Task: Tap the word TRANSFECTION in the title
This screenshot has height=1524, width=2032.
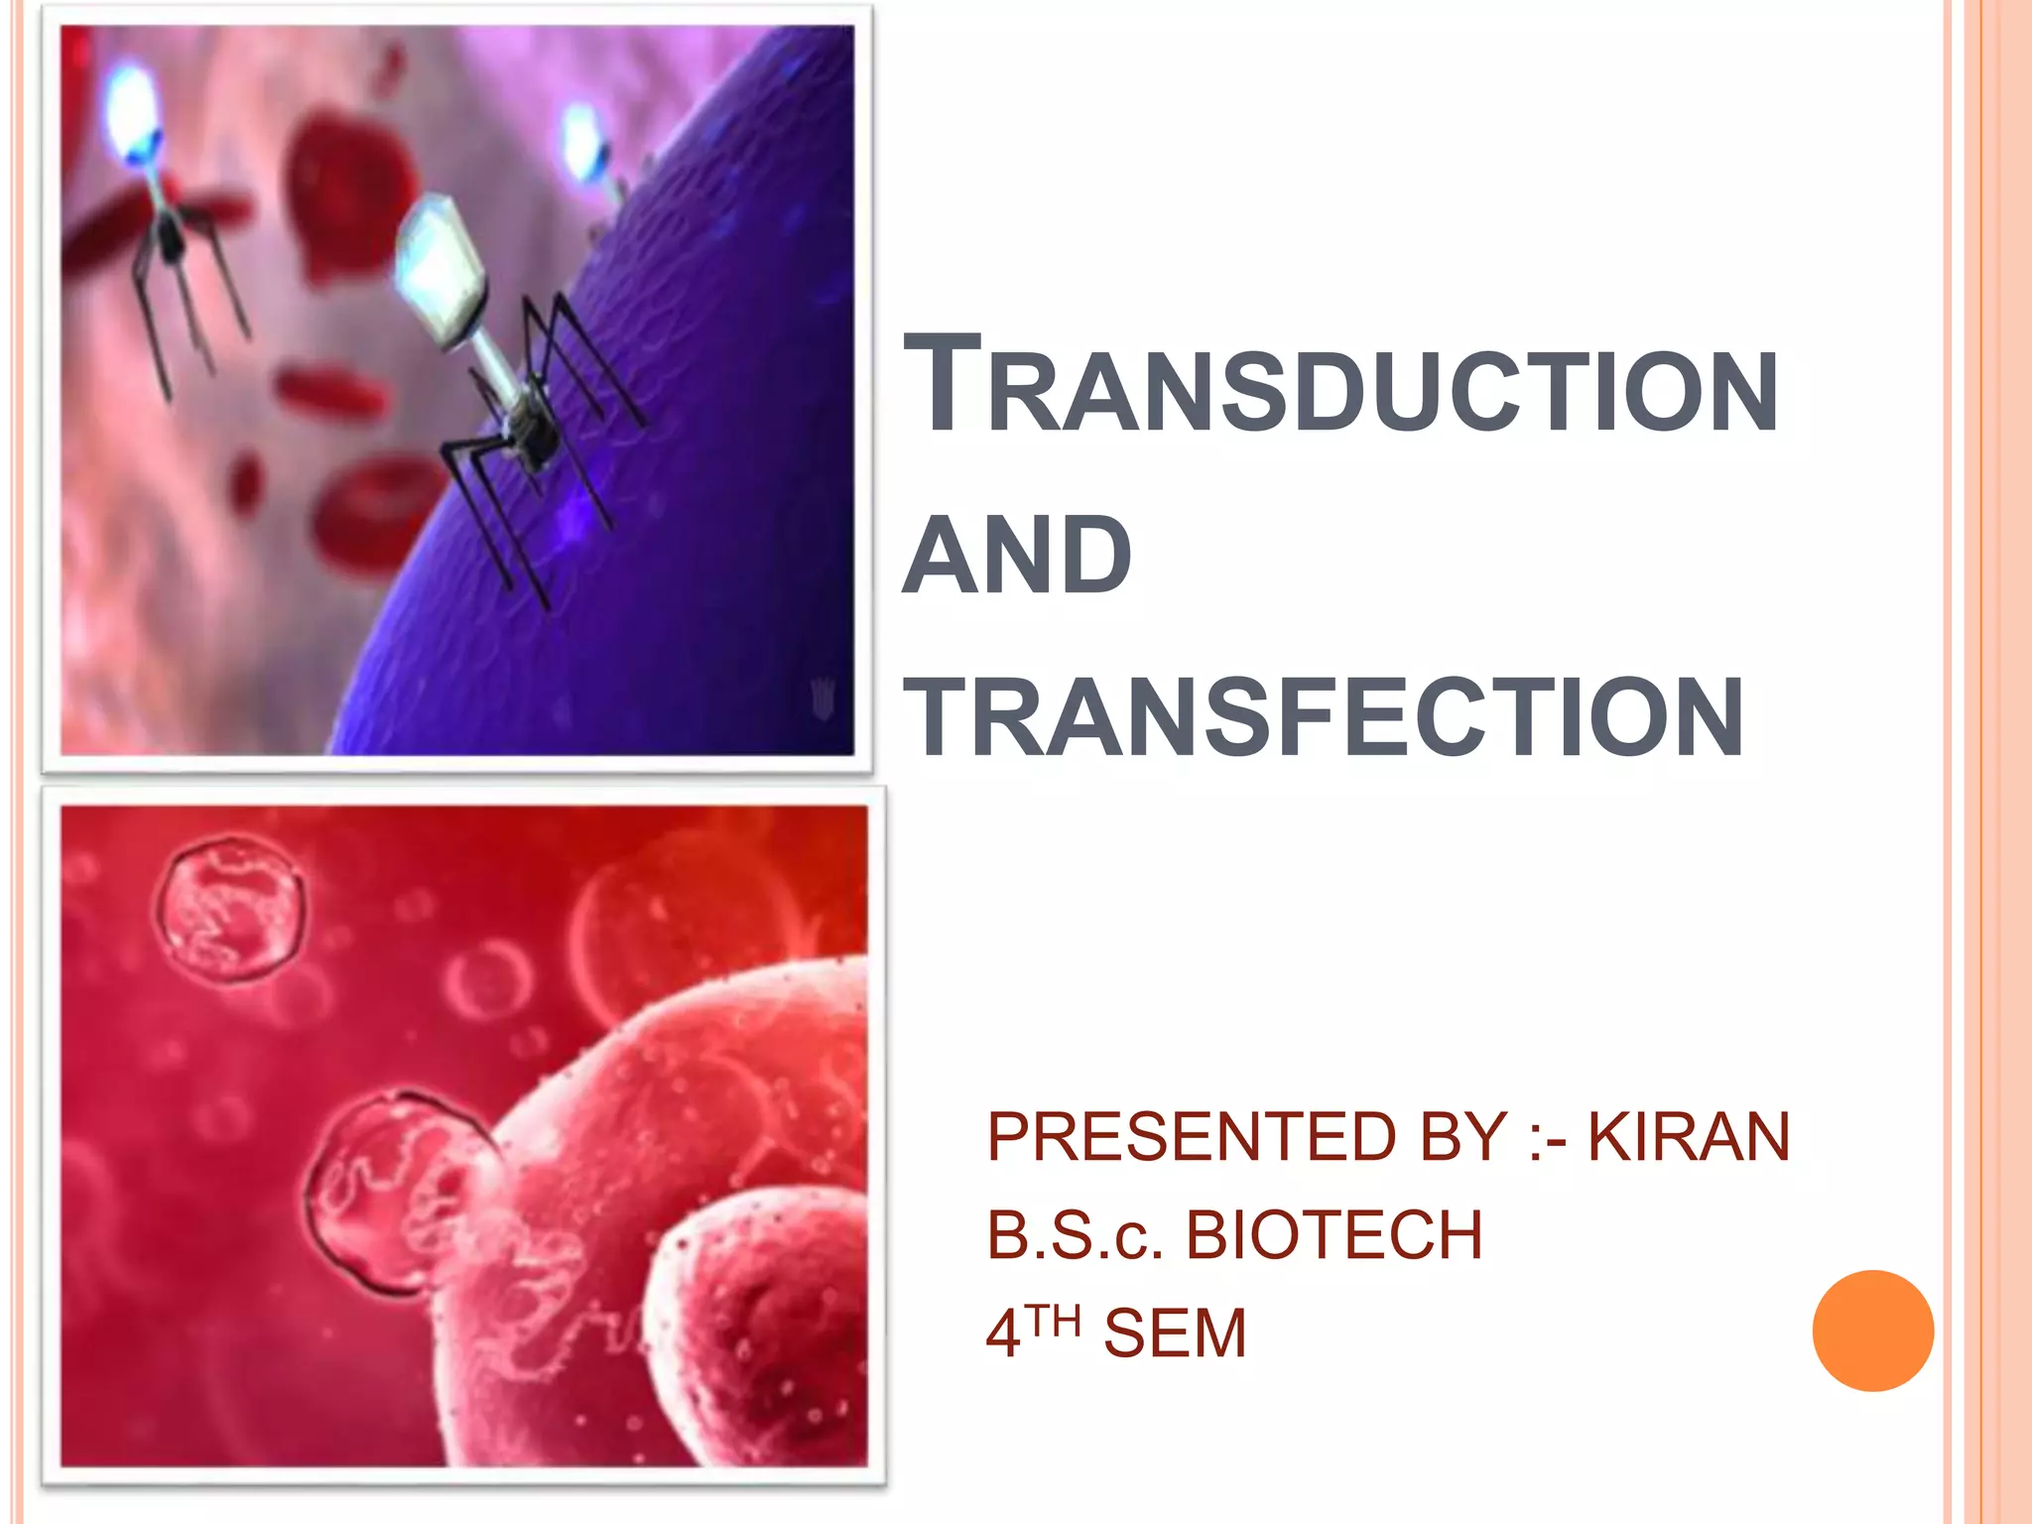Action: [1325, 716]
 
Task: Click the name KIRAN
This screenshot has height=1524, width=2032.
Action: [1689, 1137]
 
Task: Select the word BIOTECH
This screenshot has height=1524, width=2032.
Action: [1334, 1236]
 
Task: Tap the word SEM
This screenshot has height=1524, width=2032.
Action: [1175, 1333]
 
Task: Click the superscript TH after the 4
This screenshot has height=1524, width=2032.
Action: [1054, 1322]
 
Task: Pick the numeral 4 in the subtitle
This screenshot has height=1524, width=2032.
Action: [1003, 1333]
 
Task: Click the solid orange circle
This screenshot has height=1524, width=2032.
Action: [1872, 1331]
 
